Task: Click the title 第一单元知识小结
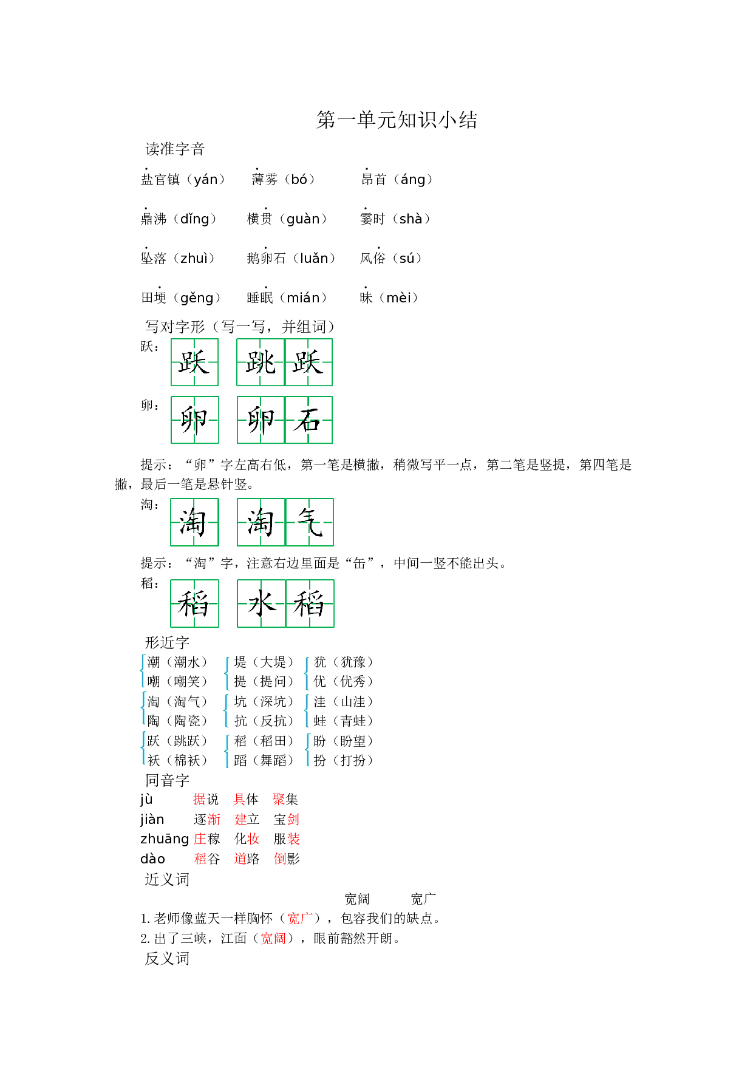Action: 397,120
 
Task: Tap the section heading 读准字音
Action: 175,149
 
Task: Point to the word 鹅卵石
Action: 266,258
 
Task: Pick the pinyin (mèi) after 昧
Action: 402,298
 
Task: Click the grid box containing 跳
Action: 261,362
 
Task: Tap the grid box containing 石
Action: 308,420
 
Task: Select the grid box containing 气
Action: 310,522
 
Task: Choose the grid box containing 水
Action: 261,604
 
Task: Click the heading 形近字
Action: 167,642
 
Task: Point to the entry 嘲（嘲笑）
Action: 177,681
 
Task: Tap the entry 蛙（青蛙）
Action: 343,721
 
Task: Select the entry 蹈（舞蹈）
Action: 264,760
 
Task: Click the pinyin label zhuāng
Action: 165,839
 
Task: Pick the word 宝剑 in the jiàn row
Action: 286,819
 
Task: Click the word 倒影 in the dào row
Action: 286,859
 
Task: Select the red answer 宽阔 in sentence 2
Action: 273,938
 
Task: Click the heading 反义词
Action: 167,958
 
